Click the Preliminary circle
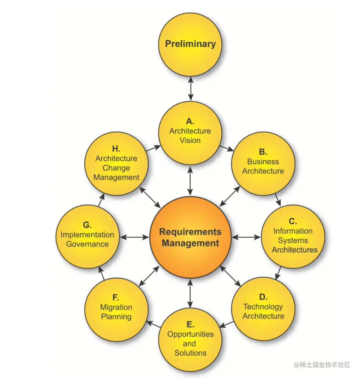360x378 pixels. pyautogui.click(x=191, y=45)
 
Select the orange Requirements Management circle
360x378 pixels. pyautogui.click(x=191, y=237)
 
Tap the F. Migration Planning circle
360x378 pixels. pyautogui.click(x=116, y=309)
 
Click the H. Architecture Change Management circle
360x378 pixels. pyautogui.click(x=116, y=164)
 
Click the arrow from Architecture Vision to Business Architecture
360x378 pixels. pyautogui.click(x=227, y=148)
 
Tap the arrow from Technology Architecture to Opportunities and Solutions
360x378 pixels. pyautogui.click(x=226, y=324)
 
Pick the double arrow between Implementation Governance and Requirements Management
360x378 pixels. pyautogui.click(x=134, y=237)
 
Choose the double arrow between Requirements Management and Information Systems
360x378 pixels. pyautogui.click(x=246, y=237)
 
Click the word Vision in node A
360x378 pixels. pyautogui.click(x=190, y=140)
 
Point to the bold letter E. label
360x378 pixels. pyautogui.click(x=190, y=325)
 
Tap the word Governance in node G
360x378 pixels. pyautogui.click(x=88, y=244)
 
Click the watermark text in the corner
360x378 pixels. pyautogui.click(x=322, y=365)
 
